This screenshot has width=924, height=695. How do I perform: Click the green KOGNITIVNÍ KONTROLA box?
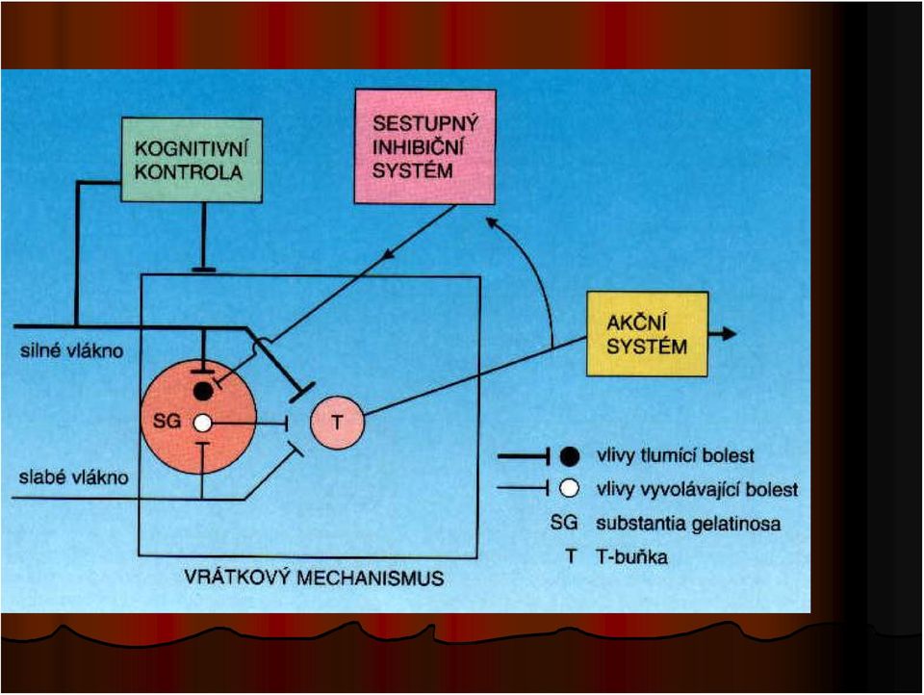point(192,160)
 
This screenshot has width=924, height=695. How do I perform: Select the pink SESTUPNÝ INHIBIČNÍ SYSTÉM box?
point(424,147)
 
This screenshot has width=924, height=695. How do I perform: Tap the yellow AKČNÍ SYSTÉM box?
point(647,334)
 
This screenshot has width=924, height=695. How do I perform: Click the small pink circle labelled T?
point(337,423)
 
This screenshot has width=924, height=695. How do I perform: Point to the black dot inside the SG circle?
point(203,391)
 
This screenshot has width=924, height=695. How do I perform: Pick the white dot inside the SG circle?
point(202,423)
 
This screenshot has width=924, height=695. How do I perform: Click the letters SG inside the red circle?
point(167,421)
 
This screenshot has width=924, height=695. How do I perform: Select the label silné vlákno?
point(72,351)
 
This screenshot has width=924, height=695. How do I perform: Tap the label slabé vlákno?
point(74,476)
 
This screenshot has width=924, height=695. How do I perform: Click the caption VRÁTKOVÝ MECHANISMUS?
point(314,578)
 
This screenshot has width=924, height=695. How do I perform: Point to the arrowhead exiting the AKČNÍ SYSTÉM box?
point(730,334)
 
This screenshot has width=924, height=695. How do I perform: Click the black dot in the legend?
point(569,455)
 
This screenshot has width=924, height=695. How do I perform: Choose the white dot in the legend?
point(569,489)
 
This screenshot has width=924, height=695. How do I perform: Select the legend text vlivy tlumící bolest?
point(676,455)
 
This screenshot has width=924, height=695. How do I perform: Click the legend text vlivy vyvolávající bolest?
point(697,489)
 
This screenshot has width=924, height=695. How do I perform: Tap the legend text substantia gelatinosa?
point(688,524)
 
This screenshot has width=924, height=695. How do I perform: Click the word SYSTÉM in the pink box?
point(413,171)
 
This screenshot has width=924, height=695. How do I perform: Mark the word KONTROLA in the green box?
point(189,172)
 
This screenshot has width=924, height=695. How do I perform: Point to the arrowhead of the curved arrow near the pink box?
point(491,222)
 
